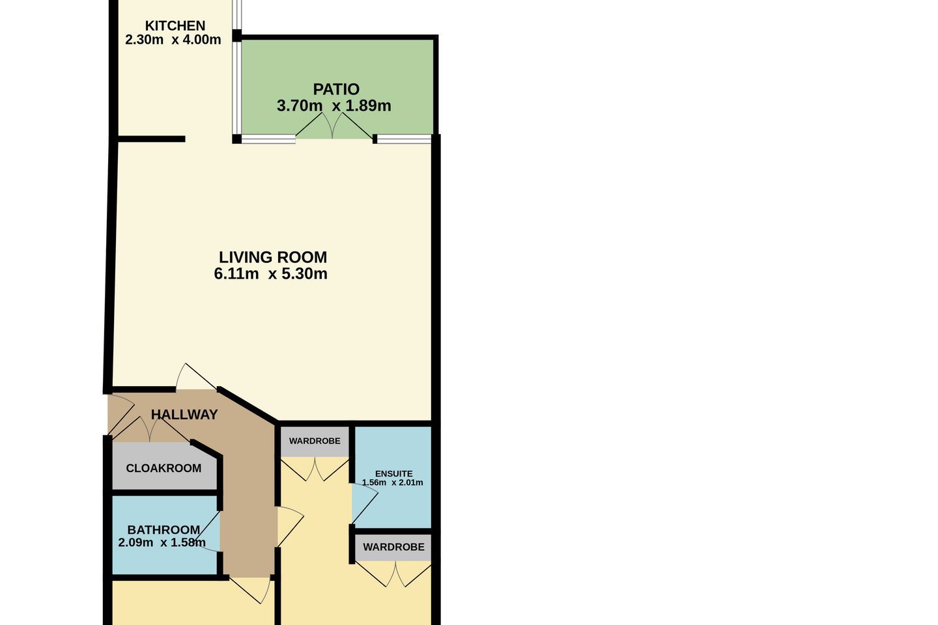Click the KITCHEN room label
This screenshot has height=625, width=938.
point(175,26)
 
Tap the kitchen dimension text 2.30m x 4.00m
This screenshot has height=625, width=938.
point(173,40)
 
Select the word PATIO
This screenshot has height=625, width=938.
point(336,90)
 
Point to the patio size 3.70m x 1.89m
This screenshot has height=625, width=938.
point(334,105)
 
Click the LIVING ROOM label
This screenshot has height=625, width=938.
point(272,257)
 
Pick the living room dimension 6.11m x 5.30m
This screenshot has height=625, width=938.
point(270,274)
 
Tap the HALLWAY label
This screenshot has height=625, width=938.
point(184,415)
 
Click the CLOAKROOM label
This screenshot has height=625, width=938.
point(163,468)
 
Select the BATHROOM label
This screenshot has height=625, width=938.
point(163,529)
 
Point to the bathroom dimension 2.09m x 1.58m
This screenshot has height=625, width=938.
point(162,542)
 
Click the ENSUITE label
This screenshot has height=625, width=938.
point(393,473)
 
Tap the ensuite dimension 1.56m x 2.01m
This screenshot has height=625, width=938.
point(392,482)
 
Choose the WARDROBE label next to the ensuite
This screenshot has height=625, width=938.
point(315,441)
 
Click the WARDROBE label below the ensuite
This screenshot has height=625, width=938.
point(393,547)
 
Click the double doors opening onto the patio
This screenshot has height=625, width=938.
point(334,126)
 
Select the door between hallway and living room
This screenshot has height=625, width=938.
point(195,377)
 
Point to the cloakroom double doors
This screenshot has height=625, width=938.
point(150,430)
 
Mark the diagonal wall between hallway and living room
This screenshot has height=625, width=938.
point(248,405)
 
